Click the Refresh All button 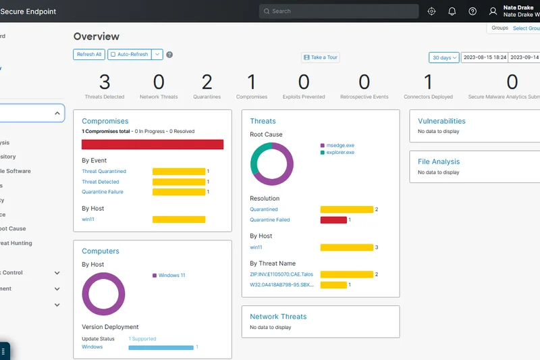(x=89, y=54)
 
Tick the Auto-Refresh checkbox (x=113, y=54)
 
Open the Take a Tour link (x=321, y=57)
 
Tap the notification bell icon (x=452, y=11)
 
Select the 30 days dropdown (x=443, y=57)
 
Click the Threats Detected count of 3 (x=105, y=82)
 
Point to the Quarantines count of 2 (x=207, y=82)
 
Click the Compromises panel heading (x=105, y=121)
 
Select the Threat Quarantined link (x=104, y=172)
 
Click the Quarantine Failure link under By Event (x=103, y=192)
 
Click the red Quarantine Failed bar (x=333, y=220)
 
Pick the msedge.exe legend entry (x=340, y=145)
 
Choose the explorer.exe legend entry (x=340, y=153)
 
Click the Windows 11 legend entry (x=171, y=276)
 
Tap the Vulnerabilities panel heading (x=441, y=121)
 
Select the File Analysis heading (x=439, y=161)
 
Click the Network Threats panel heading (x=278, y=316)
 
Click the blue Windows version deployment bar (x=161, y=347)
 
